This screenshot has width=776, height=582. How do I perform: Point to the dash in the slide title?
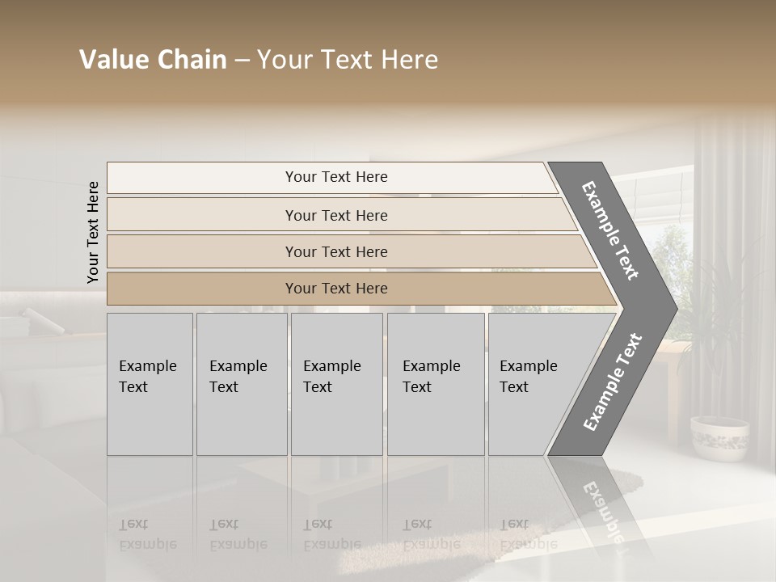[x=242, y=61]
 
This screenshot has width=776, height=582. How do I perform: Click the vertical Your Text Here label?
[x=93, y=232]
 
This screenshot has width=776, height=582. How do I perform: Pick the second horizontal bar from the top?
[x=335, y=215]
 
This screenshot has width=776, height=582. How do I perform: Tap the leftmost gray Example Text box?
[x=150, y=384]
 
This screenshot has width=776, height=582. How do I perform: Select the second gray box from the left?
[x=242, y=384]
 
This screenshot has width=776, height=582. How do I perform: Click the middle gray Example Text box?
[x=336, y=384]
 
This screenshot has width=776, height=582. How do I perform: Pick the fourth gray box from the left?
[x=436, y=384]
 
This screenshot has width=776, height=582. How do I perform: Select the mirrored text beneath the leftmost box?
[x=147, y=534]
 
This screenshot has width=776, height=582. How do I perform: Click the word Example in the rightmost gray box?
[x=529, y=365]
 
